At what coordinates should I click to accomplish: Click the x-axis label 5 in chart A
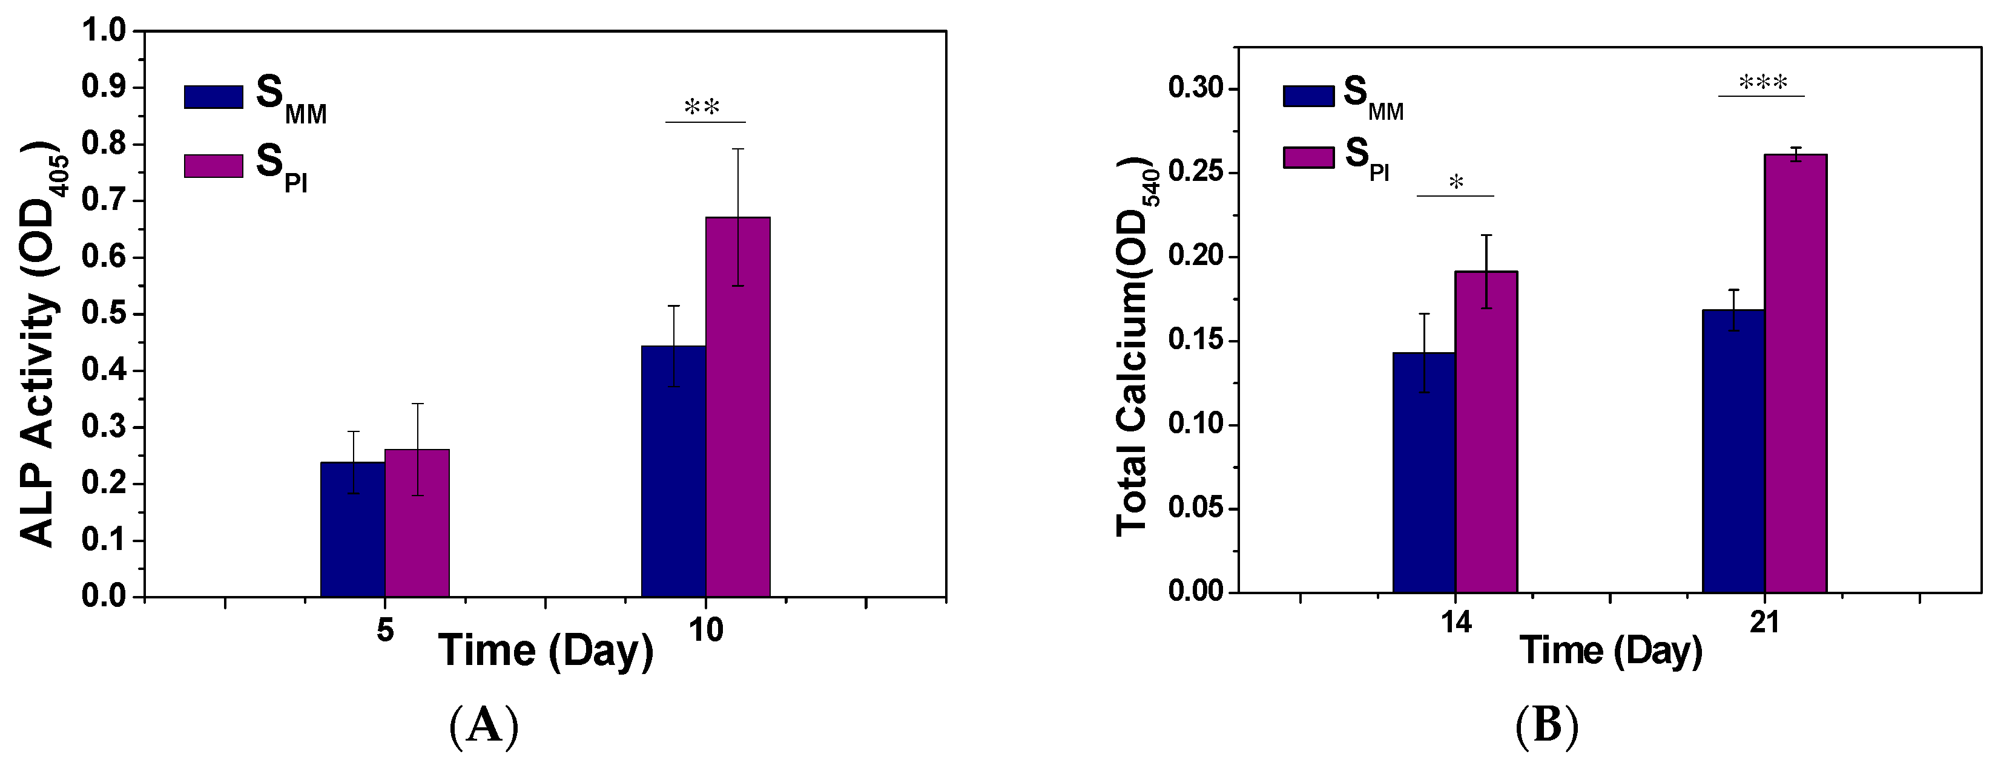(385, 630)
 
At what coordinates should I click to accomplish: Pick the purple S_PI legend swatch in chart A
(213, 166)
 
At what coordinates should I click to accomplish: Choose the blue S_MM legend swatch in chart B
(1309, 96)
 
